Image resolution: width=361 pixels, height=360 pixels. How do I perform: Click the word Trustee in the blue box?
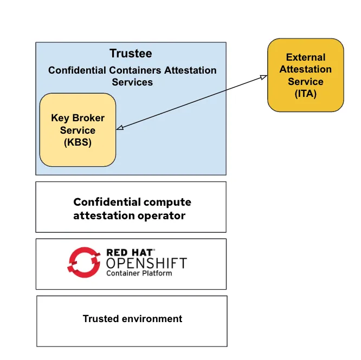click(x=131, y=54)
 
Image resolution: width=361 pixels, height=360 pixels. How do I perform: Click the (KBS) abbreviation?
click(x=78, y=142)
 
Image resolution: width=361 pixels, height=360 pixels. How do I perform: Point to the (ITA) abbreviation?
click(x=305, y=94)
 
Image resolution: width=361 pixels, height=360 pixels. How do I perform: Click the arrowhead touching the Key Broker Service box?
click(x=120, y=128)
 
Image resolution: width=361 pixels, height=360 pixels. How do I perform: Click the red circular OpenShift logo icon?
click(x=84, y=262)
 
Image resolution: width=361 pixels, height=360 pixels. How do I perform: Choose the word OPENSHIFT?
click(x=146, y=264)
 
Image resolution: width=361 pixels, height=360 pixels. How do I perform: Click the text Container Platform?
click(x=139, y=273)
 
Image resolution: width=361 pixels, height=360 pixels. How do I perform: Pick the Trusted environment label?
click(x=132, y=319)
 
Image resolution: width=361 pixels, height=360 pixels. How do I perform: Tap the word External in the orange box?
click(x=306, y=57)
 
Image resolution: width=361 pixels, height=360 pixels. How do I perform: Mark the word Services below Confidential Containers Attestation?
click(x=132, y=82)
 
